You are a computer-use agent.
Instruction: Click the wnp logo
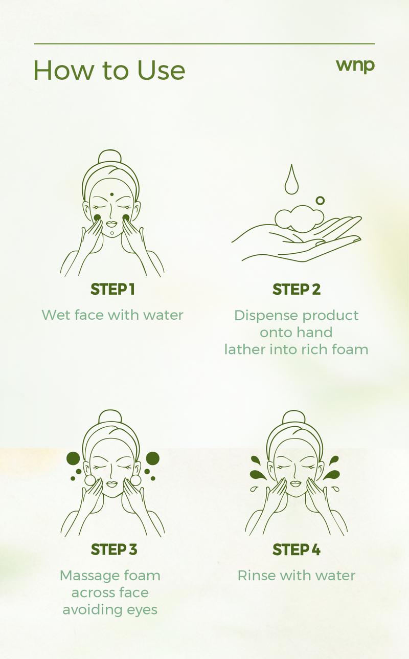[355, 66]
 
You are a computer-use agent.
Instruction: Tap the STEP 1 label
[112, 289]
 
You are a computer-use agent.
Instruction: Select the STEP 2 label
[297, 289]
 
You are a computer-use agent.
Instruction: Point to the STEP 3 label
[113, 550]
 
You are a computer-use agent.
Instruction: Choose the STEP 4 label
[297, 550]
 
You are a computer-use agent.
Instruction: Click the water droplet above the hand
[291, 181]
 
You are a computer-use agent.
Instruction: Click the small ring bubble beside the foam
[320, 201]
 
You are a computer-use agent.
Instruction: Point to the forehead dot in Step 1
[111, 195]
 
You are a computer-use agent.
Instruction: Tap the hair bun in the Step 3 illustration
[111, 416]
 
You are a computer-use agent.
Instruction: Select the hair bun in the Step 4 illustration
[293, 416]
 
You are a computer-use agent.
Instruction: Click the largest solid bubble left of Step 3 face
[73, 458]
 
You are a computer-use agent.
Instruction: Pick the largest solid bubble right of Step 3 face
[152, 458]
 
